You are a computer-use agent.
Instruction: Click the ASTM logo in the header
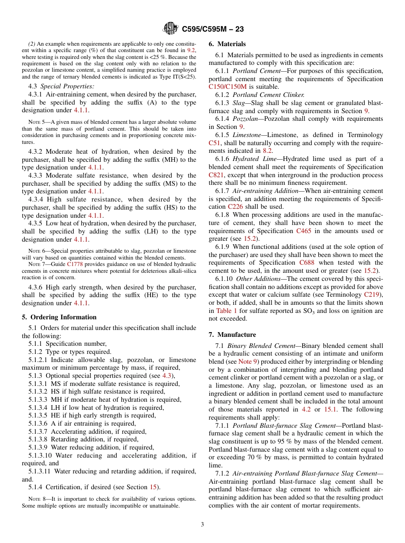coord(171,29)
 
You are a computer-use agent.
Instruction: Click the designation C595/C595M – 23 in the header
coord(213,29)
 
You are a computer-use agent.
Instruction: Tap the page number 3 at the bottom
coord(202,525)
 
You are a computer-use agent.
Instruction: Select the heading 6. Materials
coord(227,44)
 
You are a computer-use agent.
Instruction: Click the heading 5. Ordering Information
coord(59,317)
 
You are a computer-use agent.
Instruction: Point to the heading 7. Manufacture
coord(232,335)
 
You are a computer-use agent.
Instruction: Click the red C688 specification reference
coord(307,263)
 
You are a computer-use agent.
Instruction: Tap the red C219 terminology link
coord(373,295)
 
